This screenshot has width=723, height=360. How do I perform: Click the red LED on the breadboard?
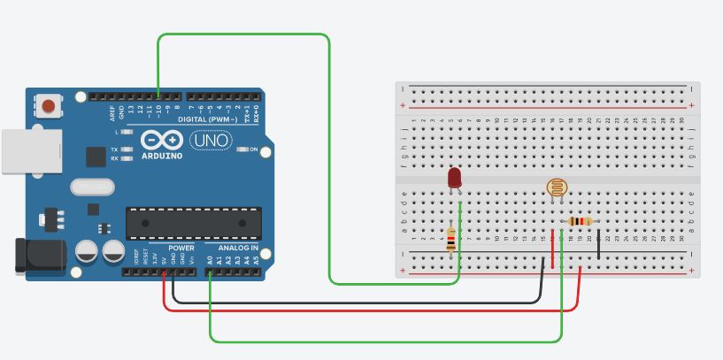pyautogui.click(x=455, y=178)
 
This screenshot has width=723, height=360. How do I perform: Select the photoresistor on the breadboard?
pyautogui.click(x=556, y=188)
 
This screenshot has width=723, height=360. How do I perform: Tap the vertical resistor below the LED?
pyautogui.click(x=451, y=239)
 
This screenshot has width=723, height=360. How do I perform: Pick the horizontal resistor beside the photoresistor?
pyautogui.click(x=580, y=221)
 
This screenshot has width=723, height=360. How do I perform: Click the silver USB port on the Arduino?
pyautogui.click(x=31, y=150)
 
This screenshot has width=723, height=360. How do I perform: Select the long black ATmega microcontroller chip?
pyautogui.click(x=194, y=223)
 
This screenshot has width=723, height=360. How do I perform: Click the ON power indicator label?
pyautogui.click(x=254, y=149)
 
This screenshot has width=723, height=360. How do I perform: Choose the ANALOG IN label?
pyautogui.click(x=238, y=249)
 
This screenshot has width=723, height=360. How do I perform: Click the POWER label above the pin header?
pyautogui.click(x=181, y=249)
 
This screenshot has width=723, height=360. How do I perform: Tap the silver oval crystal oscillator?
pyautogui.click(x=93, y=187)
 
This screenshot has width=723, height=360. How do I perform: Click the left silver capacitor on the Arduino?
pyautogui.click(x=87, y=250)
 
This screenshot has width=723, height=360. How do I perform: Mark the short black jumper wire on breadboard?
pyautogui.click(x=599, y=244)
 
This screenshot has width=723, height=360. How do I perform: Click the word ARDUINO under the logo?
pyautogui.click(x=161, y=156)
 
